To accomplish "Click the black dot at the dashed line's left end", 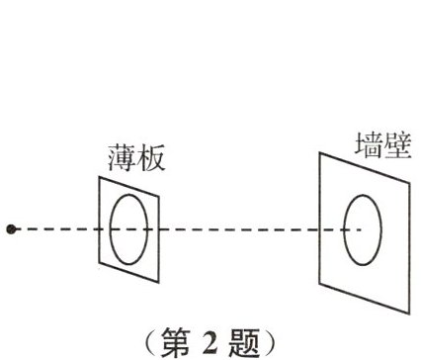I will point(11,229).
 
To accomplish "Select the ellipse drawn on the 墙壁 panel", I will point(362,229).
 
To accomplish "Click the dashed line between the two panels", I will point(237,229).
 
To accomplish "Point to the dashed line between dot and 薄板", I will point(54,229).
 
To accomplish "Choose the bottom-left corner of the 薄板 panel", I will point(100,264).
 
